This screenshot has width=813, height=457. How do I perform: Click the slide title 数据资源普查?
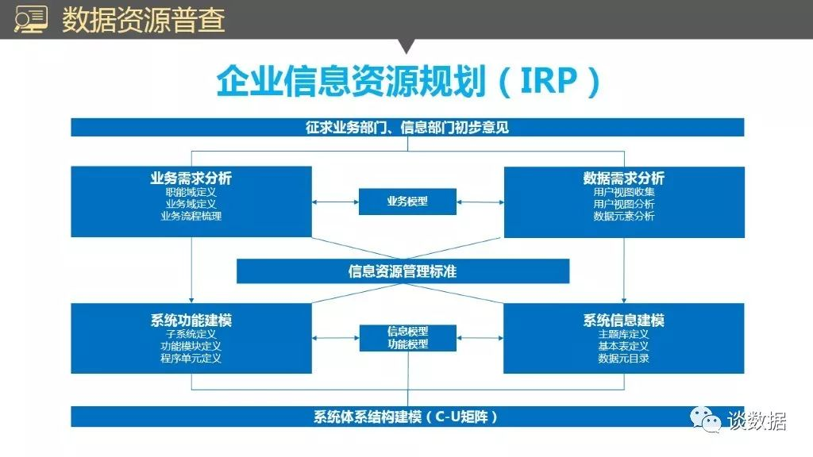(143, 20)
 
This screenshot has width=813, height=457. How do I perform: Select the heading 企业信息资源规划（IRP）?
(407, 83)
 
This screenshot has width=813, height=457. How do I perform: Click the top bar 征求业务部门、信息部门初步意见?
(407, 127)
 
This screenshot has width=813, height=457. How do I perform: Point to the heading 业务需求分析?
(191, 179)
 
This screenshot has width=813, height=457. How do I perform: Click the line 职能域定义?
(191, 192)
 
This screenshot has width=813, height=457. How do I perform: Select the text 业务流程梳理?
(191, 216)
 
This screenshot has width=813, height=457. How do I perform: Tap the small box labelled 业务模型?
(407, 202)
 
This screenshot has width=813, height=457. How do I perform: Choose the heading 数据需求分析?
(624, 179)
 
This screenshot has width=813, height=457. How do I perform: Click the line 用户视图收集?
(624, 192)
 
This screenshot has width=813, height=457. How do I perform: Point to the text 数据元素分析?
(624, 216)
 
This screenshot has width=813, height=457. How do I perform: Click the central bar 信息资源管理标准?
(403, 271)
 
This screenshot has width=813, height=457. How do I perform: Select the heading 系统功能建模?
(191, 321)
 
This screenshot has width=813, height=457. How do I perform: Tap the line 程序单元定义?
(191, 358)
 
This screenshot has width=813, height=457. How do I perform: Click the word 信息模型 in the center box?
(407, 331)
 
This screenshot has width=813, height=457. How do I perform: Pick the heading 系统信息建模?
(624, 321)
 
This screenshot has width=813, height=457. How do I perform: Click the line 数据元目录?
(624, 358)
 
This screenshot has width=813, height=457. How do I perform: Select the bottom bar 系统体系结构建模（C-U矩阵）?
(407, 417)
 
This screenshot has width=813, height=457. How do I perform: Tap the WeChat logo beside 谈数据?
(706, 420)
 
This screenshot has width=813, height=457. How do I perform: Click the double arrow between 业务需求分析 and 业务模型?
(335, 202)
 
